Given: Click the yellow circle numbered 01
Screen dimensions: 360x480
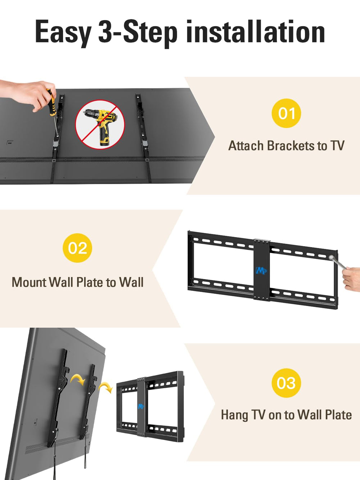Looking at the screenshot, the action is (286, 113).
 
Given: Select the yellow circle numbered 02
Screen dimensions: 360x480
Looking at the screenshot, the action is (77, 248).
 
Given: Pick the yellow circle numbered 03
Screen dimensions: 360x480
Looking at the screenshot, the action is (286, 383).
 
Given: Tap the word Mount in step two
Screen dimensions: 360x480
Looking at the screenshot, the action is (29, 282).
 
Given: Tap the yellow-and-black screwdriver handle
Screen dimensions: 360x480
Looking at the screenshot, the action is (52, 102).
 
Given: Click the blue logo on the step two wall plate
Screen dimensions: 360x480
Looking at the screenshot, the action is (261, 270).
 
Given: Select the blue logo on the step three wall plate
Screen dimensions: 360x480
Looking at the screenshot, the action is (141, 407).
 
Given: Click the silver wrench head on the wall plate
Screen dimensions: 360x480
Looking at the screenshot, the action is (331, 257).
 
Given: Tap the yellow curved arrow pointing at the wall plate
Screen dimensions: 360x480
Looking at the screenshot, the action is (106, 387).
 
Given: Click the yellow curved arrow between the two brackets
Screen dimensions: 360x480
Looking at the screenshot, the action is (78, 380).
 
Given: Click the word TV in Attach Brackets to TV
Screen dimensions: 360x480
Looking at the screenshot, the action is (338, 145).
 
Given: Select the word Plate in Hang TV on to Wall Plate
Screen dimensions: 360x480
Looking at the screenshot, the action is (338, 414).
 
